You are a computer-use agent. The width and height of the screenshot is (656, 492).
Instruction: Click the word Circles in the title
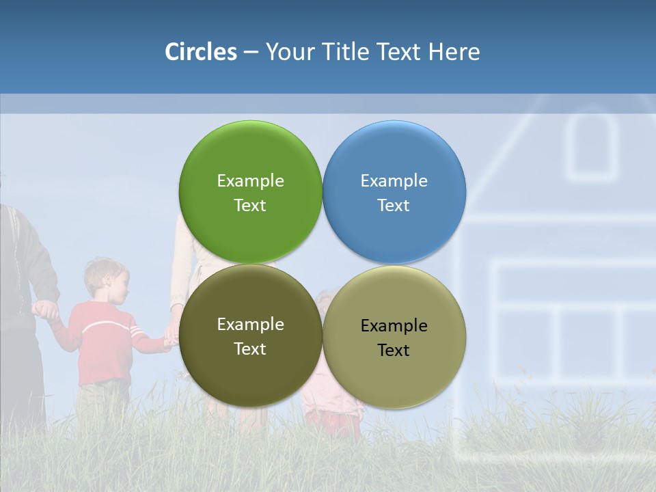(x=200, y=52)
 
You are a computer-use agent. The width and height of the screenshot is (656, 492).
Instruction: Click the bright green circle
(x=250, y=192)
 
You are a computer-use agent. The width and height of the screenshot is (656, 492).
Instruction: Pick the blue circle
(x=394, y=192)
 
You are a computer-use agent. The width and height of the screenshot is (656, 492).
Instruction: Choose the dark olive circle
(x=250, y=336)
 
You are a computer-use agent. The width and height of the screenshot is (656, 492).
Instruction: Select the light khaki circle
(x=394, y=337)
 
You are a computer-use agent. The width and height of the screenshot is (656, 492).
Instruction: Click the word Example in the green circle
(x=250, y=180)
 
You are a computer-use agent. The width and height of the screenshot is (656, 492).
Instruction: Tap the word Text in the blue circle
(x=394, y=205)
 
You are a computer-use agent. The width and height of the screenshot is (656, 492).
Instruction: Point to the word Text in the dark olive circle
(x=250, y=348)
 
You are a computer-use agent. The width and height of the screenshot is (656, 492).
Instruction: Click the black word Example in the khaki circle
(x=394, y=325)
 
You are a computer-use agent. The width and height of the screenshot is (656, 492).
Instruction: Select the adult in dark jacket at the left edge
(x=20, y=287)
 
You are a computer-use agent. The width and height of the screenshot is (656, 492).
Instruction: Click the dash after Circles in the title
(x=251, y=52)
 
